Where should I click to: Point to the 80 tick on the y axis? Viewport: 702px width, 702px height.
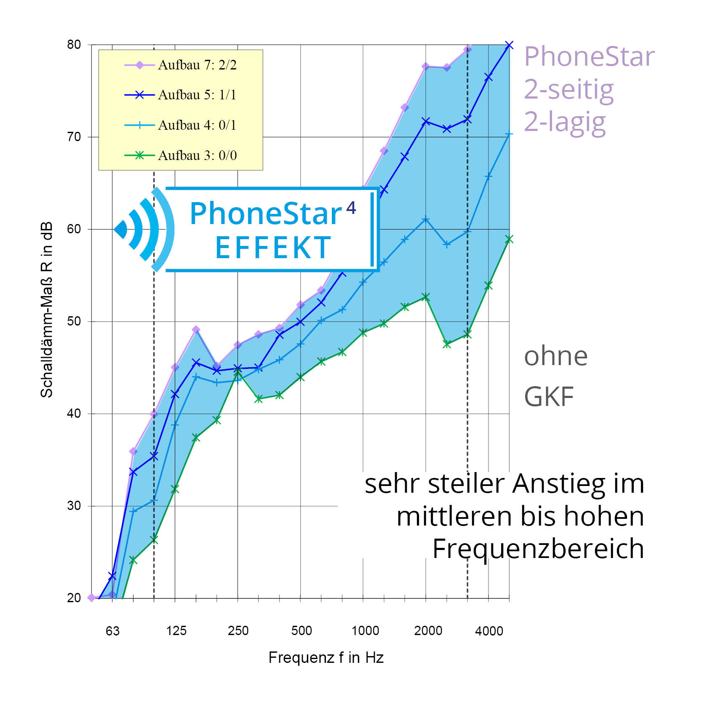point(74,45)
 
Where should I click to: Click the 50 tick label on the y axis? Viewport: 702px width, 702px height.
point(74,321)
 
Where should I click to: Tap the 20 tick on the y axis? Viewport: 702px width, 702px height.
point(74,598)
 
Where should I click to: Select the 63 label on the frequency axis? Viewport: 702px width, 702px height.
point(112,631)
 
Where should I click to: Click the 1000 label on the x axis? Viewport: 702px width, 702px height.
point(365,631)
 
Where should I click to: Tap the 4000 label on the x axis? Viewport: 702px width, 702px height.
point(489,631)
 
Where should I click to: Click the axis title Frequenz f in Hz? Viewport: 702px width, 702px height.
point(326,658)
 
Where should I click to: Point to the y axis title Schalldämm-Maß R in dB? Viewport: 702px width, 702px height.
point(47,310)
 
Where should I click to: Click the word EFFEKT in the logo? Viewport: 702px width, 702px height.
point(273,248)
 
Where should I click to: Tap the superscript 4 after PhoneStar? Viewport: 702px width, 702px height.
point(351,208)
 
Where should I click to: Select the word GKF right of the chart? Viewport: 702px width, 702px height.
point(549,397)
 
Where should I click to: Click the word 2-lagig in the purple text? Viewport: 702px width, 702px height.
point(565,122)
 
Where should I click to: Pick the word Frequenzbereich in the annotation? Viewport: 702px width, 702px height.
point(538,549)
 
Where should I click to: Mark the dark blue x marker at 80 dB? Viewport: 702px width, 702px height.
point(509,45)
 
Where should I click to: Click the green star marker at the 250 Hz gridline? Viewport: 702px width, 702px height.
point(238,373)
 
